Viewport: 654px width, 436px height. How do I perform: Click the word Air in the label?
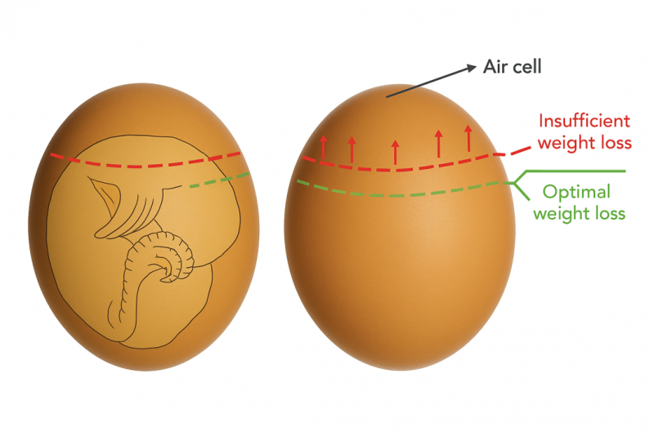495,67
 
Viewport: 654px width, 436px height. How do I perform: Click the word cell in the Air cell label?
526,67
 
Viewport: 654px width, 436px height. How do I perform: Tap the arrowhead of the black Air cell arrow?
472,67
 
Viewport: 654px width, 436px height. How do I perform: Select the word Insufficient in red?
584,121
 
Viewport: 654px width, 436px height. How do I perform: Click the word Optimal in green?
576,193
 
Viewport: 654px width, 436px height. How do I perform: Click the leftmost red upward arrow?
323,147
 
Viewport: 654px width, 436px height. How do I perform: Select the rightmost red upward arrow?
468,138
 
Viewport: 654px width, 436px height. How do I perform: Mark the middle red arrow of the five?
396,152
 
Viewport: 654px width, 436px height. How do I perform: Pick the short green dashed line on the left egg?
220,180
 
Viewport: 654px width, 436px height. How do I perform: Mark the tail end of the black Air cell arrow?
387,97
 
